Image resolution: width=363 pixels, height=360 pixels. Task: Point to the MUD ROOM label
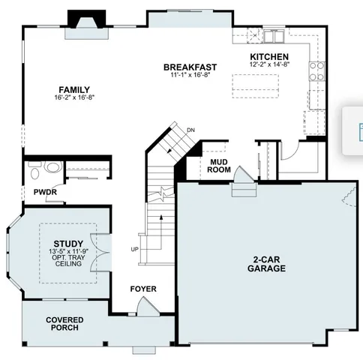pos(219,165)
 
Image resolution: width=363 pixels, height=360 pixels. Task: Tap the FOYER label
pos(142,289)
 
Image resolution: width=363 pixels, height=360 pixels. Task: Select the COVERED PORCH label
pos(64,324)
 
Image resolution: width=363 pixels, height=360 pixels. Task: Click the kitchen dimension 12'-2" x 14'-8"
pos(269,64)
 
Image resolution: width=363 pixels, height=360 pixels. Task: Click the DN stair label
pos(190,130)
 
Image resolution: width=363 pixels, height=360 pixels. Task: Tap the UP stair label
pos(134,249)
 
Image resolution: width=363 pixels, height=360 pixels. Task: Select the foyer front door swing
pos(148,305)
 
